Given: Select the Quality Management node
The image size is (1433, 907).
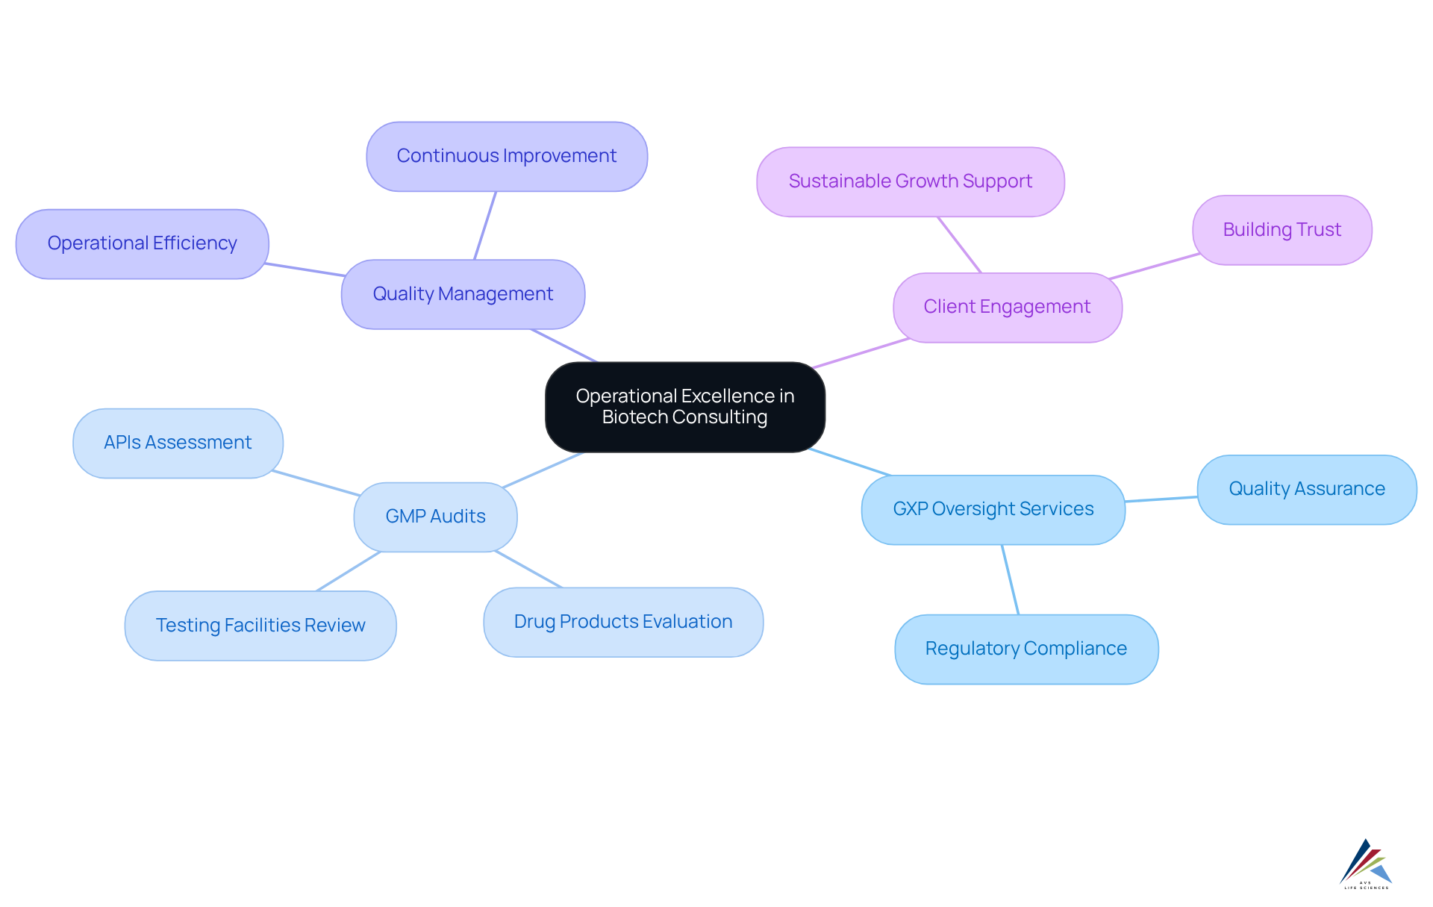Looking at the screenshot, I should tap(463, 294).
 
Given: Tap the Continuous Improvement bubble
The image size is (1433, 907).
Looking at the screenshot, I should tap(507, 156).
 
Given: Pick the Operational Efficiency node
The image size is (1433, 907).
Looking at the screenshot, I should tap(142, 243).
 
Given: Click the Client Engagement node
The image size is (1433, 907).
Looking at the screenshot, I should tap(1007, 307).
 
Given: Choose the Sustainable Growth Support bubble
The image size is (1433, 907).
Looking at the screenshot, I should tap(910, 181).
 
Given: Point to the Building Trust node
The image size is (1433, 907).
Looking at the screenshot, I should tap(1281, 230).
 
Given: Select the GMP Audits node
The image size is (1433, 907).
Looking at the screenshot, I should tap(435, 517).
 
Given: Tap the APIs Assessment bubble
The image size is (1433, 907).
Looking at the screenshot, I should tap(178, 443).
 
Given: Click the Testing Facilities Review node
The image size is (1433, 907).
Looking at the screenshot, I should tap(260, 626).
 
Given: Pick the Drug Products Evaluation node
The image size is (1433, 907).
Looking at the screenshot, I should tap(623, 622).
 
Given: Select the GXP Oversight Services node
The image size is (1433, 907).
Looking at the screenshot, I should tap(993, 509).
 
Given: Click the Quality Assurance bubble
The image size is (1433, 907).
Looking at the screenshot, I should tap(1306, 489).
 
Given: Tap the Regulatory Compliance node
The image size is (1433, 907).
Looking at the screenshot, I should tap(1025, 649).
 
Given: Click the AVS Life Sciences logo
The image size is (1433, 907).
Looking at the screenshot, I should tap(1366, 864).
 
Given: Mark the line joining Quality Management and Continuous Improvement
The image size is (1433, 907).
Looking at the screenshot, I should tap(485, 225).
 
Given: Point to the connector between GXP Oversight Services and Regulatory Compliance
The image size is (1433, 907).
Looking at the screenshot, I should tap(1010, 580).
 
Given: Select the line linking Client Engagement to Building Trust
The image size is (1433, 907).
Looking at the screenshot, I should tap(1155, 267).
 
